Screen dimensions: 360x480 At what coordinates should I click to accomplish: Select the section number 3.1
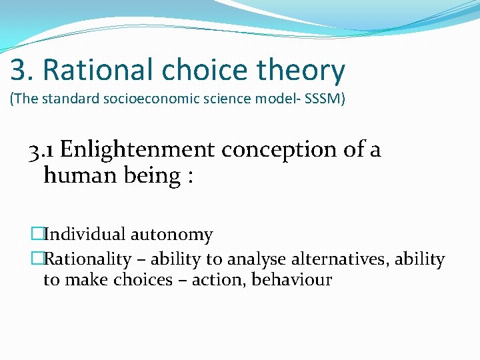[x=41, y=150]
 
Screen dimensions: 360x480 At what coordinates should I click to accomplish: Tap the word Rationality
[x=87, y=259]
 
